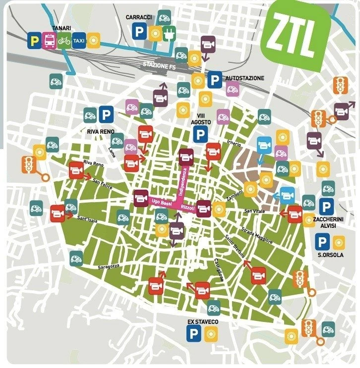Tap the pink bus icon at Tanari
(x=49, y=40)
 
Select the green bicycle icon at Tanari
(x=64, y=40)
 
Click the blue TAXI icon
(x=78, y=40)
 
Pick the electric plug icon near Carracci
(x=170, y=33)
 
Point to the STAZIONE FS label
(x=159, y=65)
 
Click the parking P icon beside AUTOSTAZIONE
(x=214, y=79)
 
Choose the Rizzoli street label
(x=188, y=208)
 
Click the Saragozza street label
(x=107, y=266)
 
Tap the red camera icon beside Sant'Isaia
(x=58, y=213)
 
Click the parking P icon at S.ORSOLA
(x=322, y=242)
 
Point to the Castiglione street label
(x=220, y=270)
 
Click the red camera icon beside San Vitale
(x=295, y=213)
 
